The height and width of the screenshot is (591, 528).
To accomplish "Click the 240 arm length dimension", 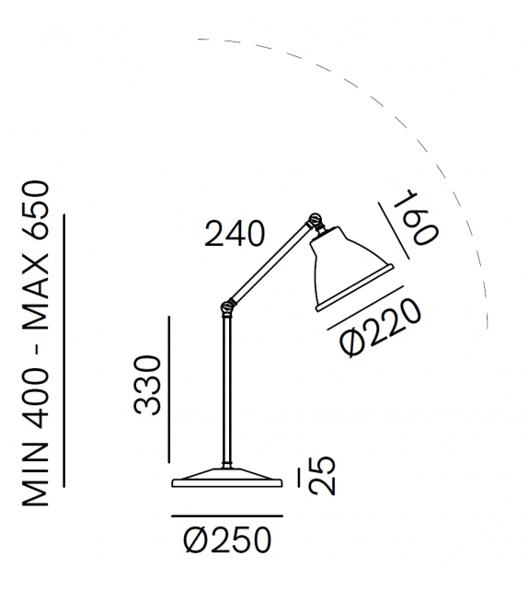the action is click(235, 234).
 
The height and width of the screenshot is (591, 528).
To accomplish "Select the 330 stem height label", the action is click(148, 385).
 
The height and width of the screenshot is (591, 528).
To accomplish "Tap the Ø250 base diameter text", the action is click(227, 539).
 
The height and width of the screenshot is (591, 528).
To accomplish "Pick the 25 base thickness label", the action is click(322, 475).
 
